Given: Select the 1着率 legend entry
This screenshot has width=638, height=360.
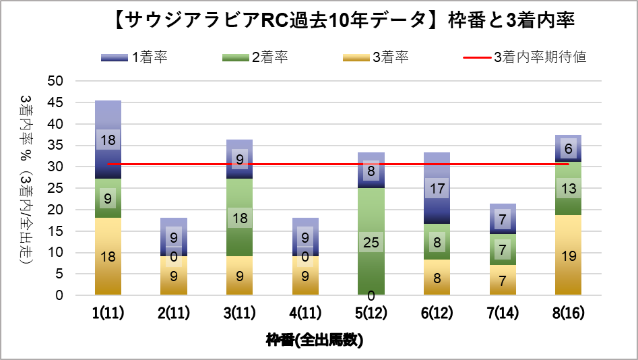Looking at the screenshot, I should coord(135,57).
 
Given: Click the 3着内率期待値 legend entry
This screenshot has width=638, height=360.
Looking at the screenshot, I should coord(525,57).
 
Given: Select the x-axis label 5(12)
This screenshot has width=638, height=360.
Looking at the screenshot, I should coord(371,315).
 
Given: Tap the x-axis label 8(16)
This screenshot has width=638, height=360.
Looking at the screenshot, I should coord(568,315).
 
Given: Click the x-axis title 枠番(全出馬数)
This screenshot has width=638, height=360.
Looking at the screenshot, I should coord(314,340).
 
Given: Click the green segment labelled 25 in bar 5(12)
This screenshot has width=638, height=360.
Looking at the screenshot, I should coord(371,229).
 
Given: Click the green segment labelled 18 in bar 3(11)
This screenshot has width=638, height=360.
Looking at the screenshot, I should coord(239,217).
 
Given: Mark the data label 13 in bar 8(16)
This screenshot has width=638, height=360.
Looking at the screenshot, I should coord(569,189).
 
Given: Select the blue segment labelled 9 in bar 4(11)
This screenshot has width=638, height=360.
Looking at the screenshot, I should coord(305,233).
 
